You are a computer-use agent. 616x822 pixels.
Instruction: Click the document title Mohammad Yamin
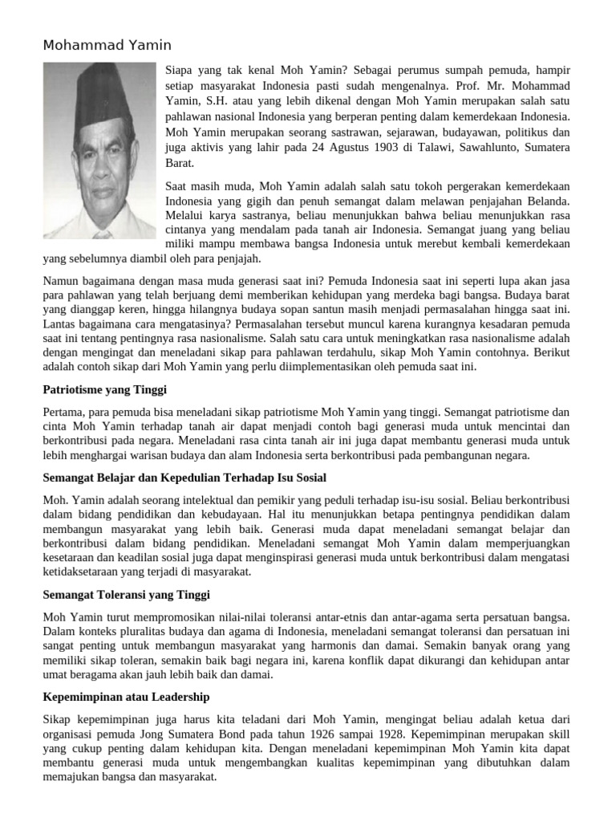coord(107,46)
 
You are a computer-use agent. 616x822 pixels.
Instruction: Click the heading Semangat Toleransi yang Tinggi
coord(126,595)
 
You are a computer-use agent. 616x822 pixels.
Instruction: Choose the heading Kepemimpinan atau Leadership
coord(126,697)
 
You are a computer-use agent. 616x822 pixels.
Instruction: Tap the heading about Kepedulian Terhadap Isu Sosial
coord(184,478)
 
